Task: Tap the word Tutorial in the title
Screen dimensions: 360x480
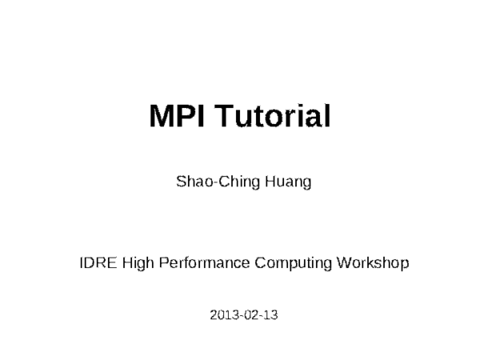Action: (x=273, y=118)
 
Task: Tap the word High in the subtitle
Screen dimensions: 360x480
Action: (x=138, y=262)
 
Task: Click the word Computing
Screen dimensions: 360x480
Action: (x=293, y=262)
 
